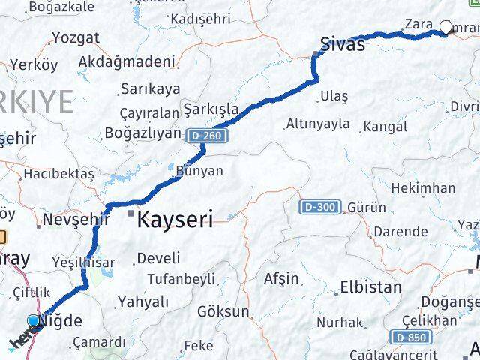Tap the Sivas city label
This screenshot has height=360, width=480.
click(x=342, y=43)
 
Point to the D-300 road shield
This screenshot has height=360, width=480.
click(x=320, y=207)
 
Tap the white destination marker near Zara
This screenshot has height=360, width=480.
click(x=446, y=28)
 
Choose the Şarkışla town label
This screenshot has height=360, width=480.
click(x=211, y=108)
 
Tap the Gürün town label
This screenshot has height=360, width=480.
click(x=367, y=207)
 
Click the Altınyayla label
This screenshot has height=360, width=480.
click(x=317, y=124)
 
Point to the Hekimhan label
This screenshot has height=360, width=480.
click(x=423, y=187)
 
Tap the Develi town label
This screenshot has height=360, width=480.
click(x=158, y=258)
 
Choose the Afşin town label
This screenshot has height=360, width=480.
click(x=281, y=278)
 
